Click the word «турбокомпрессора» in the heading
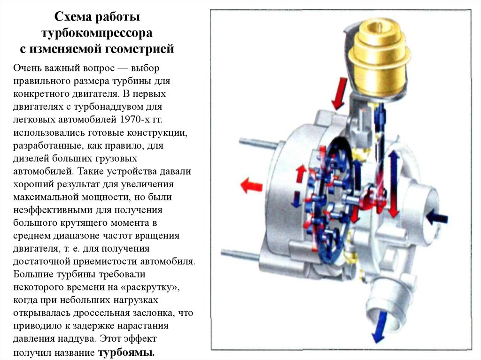click(x=97, y=33)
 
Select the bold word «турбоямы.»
click(x=126, y=352)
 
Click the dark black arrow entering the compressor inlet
click(x=437, y=217)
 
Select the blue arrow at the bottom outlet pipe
click(x=380, y=326)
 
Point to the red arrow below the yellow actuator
click(x=339, y=93)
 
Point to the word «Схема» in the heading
click(x=73, y=17)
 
